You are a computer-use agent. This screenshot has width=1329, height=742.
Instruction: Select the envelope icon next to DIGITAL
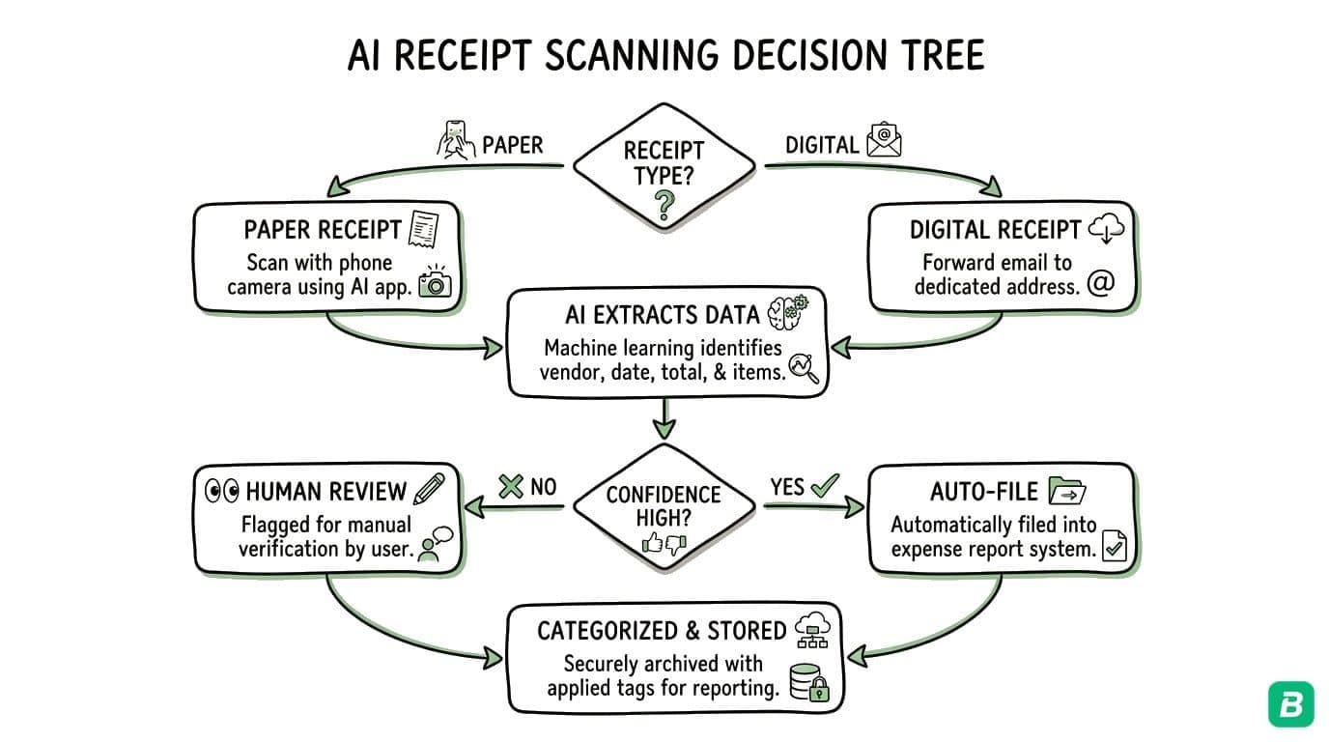click(x=884, y=141)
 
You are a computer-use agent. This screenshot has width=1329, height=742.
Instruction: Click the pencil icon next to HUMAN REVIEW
click(x=427, y=490)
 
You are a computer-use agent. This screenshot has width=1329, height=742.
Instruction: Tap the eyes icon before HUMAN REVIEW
click(x=222, y=491)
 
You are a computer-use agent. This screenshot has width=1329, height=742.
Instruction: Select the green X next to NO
click(x=510, y=487)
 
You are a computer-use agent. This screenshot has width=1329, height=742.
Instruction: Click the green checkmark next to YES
click(x=824, y=486)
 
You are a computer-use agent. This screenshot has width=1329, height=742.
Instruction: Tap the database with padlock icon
click(x=808, y=682)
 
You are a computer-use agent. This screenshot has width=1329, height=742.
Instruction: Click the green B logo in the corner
click(x=1290, y=703)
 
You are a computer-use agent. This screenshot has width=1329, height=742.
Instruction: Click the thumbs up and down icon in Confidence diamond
click(x=664, y=544)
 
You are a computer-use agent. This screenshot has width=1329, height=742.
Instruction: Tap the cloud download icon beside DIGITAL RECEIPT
click(x=1107, y=229)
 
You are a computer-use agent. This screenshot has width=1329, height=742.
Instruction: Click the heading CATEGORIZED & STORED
click(x=662, y=631)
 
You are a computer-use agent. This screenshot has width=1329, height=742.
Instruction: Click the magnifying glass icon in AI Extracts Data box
click(x=804, y=369)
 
